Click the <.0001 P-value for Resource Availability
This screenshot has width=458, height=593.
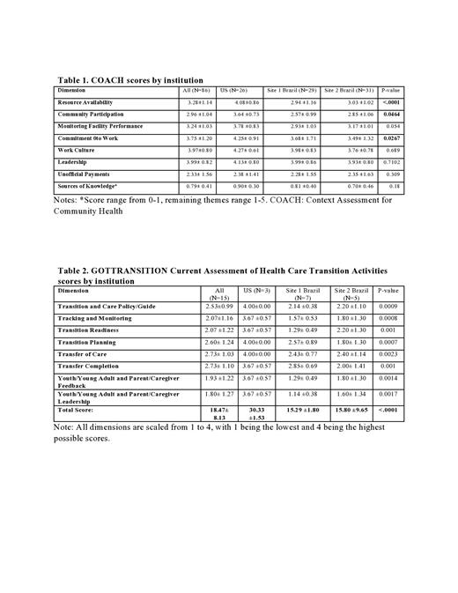389,102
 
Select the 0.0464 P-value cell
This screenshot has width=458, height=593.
389,115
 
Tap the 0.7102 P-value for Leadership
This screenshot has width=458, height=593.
389,163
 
